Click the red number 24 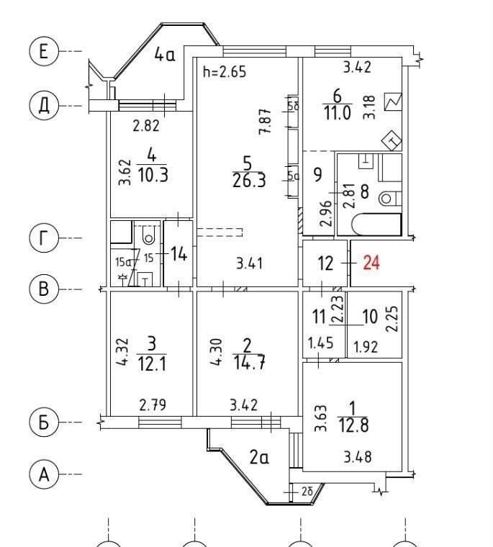coord(371,263)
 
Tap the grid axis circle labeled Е coord(43,51)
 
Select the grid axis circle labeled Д coord(43,105)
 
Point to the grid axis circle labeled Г coord(43,238)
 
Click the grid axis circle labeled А coord(43,475)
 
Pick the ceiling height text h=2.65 coord(225,72)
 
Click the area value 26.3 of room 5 coord(249,181)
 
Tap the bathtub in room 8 coord(377,225)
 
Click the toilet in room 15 coord(149,235)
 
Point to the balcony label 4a coord(165,55)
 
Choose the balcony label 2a coord(259,457)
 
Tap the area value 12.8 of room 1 coord(354,425)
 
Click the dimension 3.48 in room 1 coord(358,456)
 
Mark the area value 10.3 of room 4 coord(153,174)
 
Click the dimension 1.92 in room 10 coord(366,347)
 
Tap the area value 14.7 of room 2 coord(249,363)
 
